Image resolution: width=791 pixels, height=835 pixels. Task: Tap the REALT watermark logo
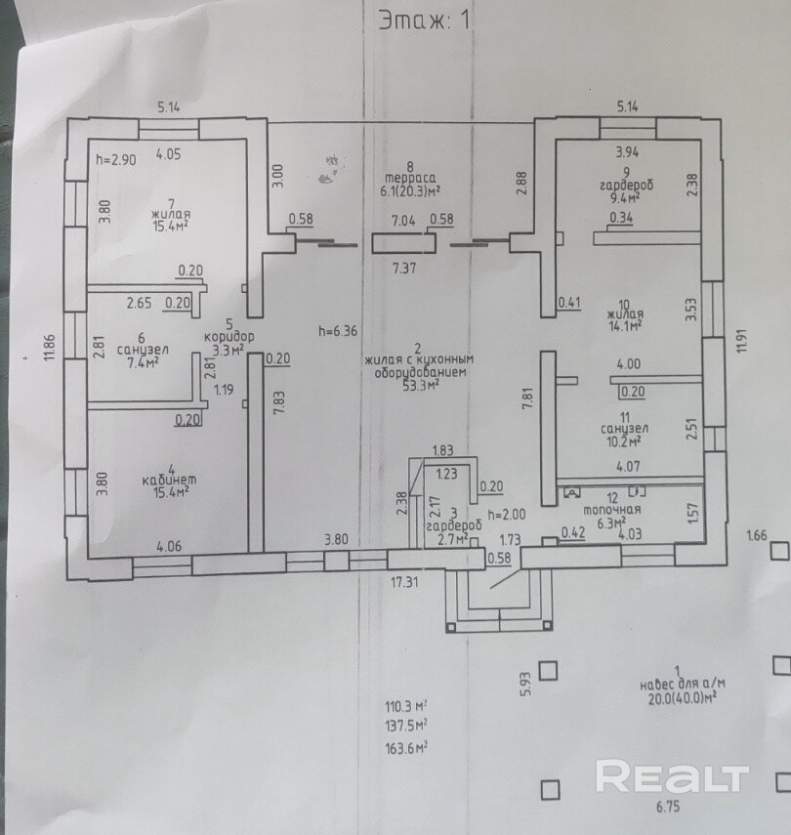[x=672, y=777]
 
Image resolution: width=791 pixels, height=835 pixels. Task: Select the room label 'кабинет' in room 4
[x=164, y=478]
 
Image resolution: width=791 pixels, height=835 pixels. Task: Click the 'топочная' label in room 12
[x=611, y=509]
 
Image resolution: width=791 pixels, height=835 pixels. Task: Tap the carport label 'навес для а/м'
[x=683, y=685]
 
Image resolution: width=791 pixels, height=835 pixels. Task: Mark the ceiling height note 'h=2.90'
[x=115, y=157]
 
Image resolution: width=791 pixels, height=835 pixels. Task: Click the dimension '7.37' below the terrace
[x=405, y=267]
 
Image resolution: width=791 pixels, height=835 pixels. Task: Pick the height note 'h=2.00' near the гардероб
[x=507, y=515]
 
